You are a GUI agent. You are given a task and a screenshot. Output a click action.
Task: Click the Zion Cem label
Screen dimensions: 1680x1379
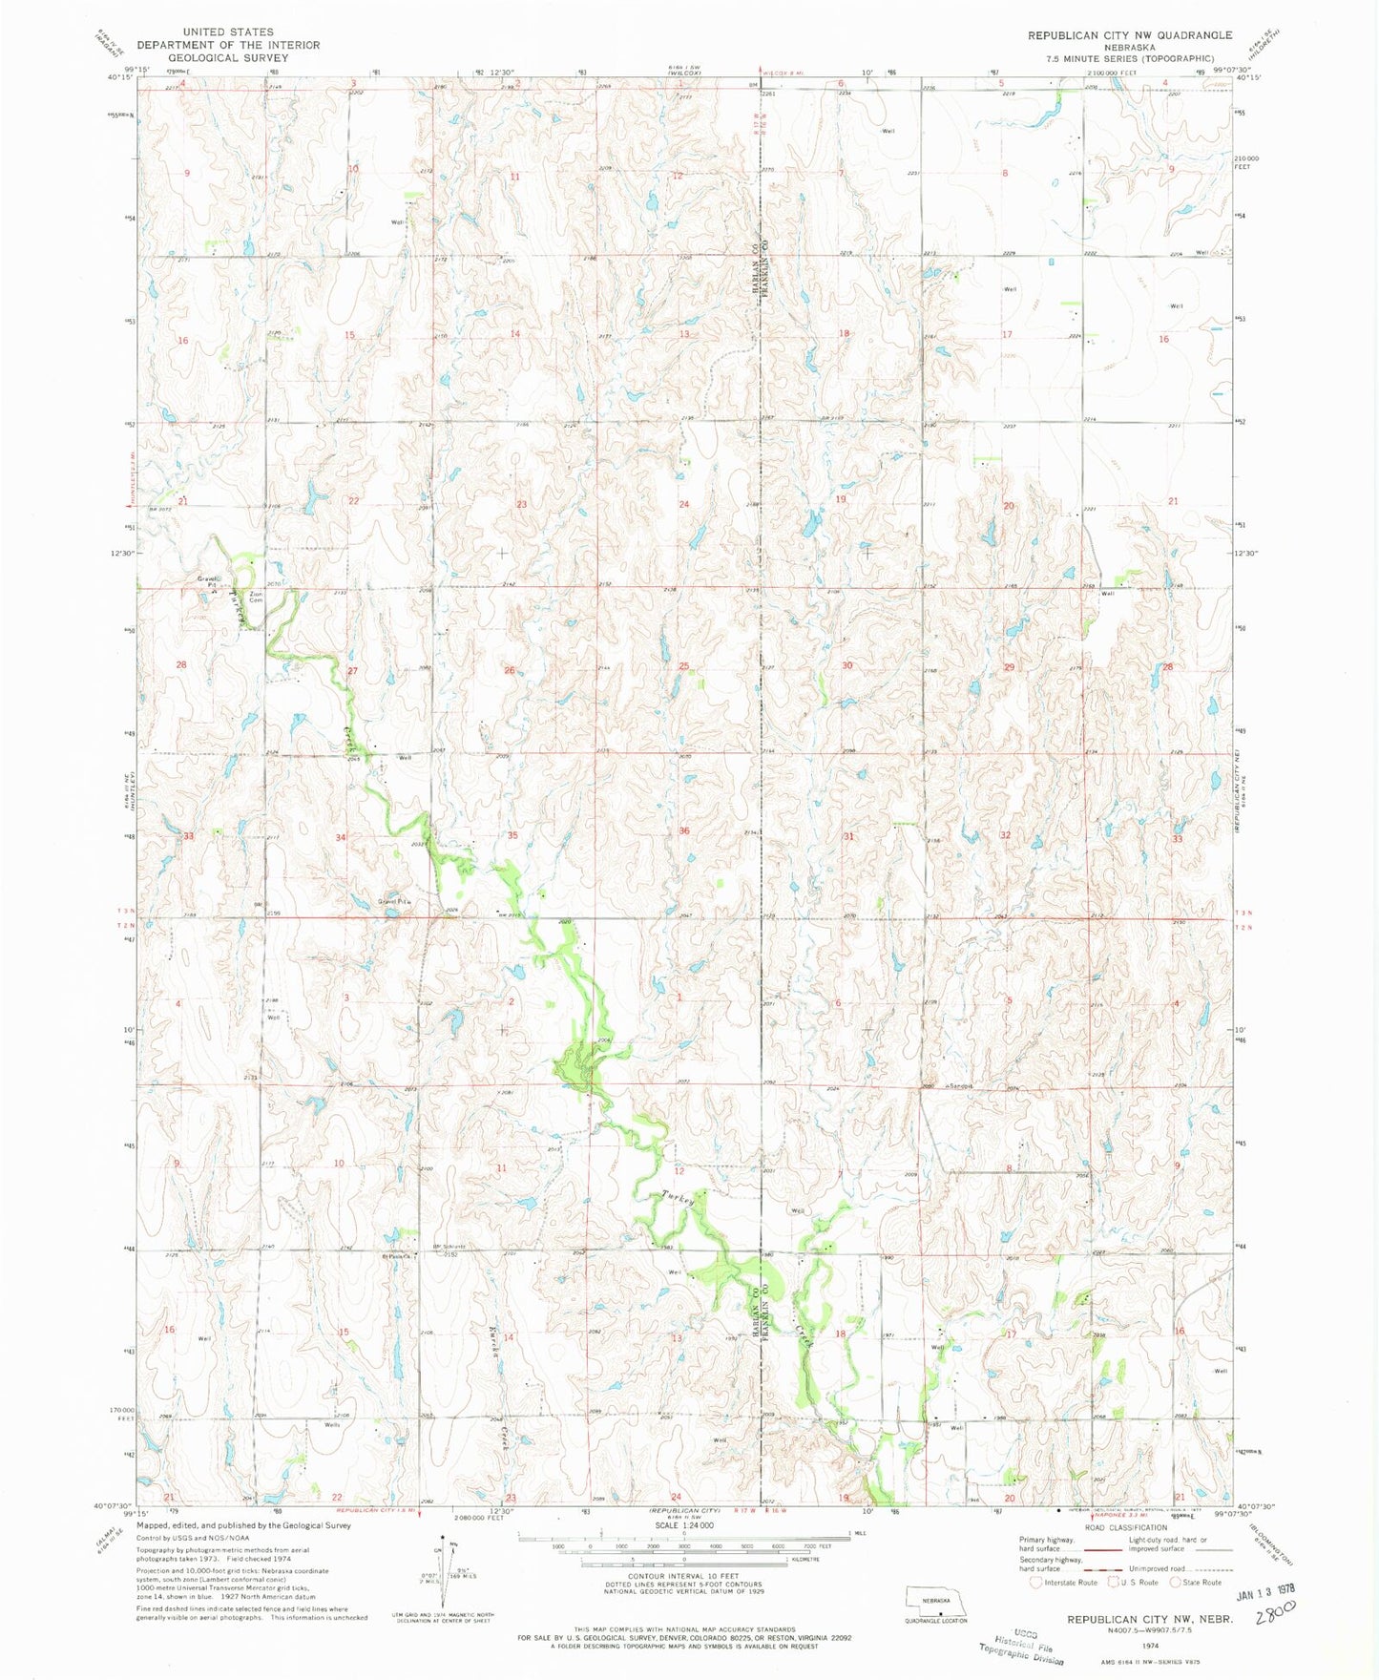point(255,597)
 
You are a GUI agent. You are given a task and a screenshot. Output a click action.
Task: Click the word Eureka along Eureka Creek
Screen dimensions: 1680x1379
point(494,1342)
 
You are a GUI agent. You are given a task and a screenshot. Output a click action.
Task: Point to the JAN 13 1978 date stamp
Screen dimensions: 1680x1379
point(1265,1594)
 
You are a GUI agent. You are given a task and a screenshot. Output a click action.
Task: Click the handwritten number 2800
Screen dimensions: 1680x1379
point(1276,1612)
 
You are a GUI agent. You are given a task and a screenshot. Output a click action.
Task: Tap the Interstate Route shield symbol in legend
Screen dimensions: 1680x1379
point(1035,1583)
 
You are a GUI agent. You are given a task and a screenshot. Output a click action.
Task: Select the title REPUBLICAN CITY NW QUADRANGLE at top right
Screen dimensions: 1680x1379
point(1129,34)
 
